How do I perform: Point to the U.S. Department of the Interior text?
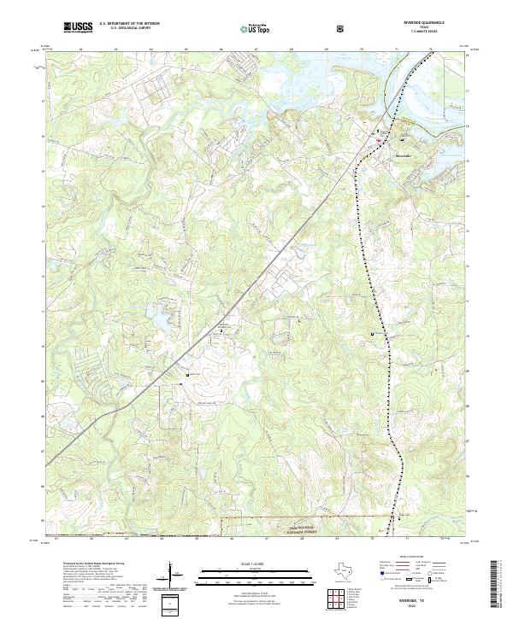pos(129,23)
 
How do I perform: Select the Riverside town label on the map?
pos(402,156)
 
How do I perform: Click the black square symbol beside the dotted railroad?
pos(372,333)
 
